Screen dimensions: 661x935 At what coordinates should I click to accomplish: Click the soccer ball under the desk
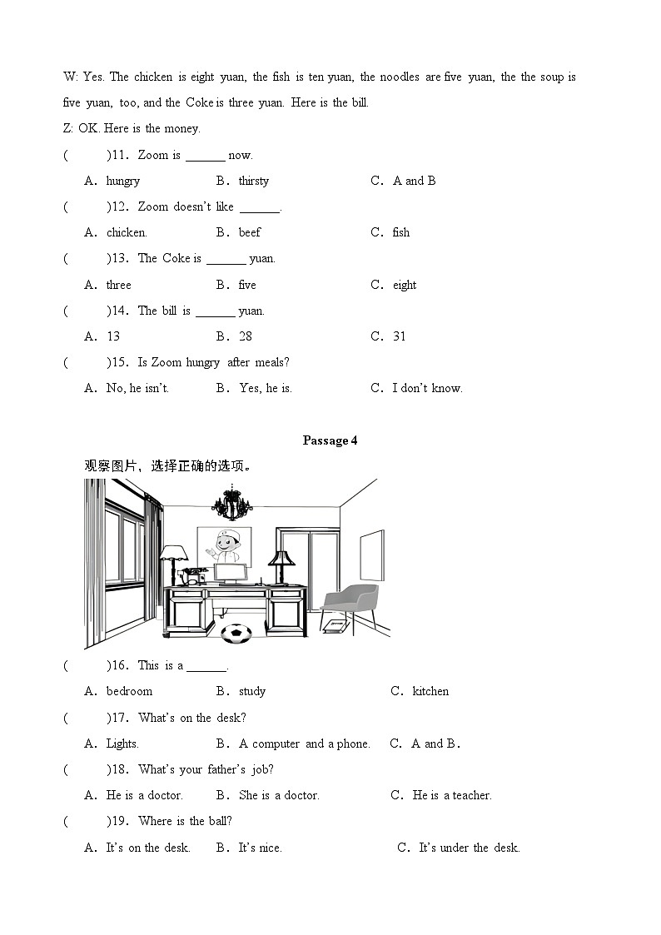(x=236, y=634)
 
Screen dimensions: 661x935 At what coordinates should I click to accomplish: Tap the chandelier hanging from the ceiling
(x=231, y=502)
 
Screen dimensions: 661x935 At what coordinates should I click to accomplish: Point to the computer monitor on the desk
(x=231, y=572)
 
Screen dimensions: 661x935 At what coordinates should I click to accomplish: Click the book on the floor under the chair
(x=334, y=625)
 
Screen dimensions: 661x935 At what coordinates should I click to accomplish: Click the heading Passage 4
(x=330, y=440)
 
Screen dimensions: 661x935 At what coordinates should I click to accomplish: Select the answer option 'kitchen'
(x=430, y=691)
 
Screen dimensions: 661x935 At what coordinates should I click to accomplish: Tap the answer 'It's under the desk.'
(x=469, y=848)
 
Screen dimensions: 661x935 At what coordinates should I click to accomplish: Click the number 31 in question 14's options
(x=400, y=336)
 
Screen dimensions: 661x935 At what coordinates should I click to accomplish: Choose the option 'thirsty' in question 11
(x=254, y=181)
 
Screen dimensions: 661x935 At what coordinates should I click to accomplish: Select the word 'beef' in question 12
(x=250, y=232)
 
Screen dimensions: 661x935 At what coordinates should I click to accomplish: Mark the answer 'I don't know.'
(x=427, y=388)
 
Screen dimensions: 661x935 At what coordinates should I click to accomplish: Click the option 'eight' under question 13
(x=405, y=285)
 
